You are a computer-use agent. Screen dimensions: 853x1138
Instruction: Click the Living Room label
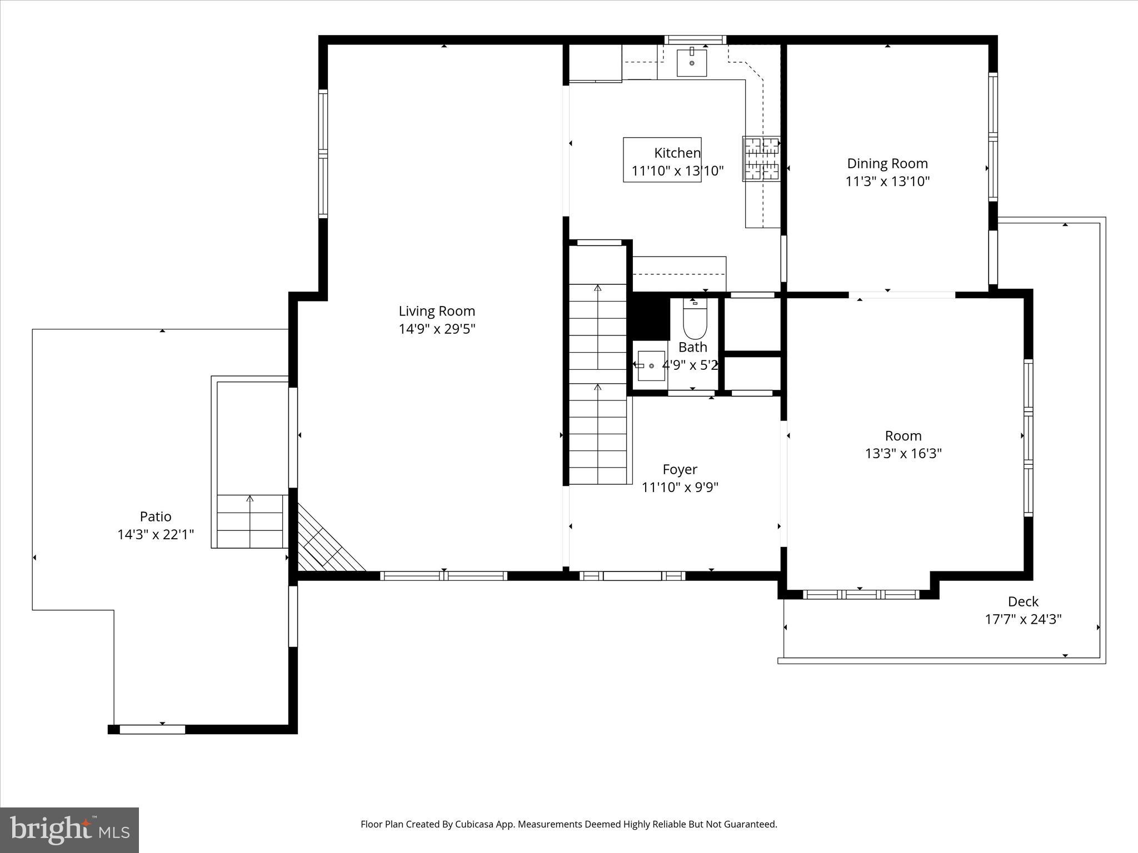437,311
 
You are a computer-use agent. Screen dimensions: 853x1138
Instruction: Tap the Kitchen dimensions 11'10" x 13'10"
677,170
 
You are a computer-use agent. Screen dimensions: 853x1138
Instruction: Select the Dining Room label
887,163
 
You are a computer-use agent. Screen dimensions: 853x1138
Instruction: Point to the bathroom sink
651,365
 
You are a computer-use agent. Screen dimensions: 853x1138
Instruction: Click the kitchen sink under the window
692,62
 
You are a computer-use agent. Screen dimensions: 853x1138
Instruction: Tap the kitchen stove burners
762,159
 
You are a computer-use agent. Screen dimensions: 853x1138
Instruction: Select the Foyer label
680,469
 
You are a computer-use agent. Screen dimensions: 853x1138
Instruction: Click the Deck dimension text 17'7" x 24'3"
1023,619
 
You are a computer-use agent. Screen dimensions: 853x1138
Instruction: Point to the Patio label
156,516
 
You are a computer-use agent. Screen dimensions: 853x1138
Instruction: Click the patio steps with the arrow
250,520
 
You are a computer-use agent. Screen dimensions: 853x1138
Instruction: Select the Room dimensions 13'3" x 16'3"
903,454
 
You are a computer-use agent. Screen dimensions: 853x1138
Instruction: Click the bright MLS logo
69,830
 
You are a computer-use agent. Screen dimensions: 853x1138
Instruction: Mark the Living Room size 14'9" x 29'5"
437,329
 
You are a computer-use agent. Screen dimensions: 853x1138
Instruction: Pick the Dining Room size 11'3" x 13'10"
887,182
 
